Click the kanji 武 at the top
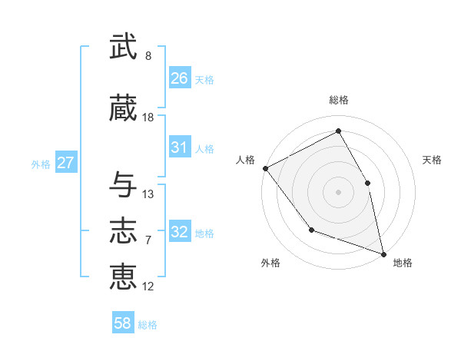124,48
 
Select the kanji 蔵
124,108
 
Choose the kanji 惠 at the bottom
124,277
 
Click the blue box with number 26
179,78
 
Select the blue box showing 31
179,147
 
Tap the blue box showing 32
179,232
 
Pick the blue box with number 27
65,163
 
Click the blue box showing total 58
123,323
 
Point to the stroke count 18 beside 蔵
148,117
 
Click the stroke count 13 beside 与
148,194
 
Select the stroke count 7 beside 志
148,240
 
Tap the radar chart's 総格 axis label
338,100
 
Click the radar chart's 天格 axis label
432,160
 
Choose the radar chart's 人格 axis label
246,160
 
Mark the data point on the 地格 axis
383,253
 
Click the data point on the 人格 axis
265,168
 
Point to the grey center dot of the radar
338,191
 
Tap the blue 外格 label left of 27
41,164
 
